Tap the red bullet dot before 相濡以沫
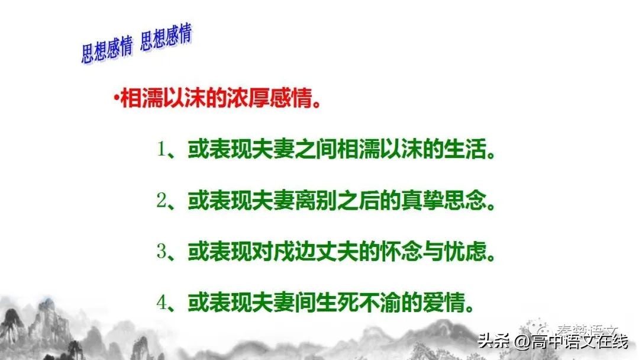[x=117, y=97]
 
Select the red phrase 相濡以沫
[x=159, y=98]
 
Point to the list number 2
[x=161, y=201]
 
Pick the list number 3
[x=161, y=252]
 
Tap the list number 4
[x=161, y=304]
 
